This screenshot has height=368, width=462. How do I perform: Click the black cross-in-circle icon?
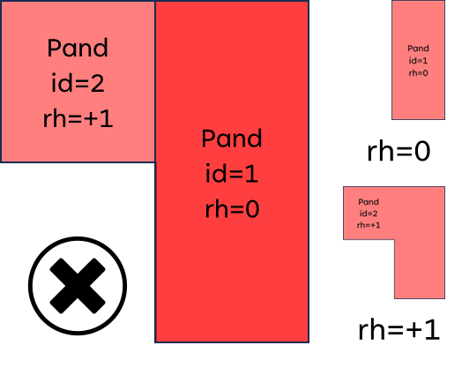(x=78, y=286)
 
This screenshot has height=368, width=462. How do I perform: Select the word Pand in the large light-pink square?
(x=78, y=48)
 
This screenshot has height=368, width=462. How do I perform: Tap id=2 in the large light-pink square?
(x=78, y=83)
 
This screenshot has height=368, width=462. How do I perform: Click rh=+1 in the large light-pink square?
(x=78, y=118)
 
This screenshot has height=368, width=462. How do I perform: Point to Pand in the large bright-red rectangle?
(x=232, y=138)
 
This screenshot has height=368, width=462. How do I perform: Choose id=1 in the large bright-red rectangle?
(x=232, y=173)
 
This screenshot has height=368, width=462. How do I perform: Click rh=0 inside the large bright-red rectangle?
(x=232, y=209)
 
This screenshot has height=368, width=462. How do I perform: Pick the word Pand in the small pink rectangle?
(x=418, y=49)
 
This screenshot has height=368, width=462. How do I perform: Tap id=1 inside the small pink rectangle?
(x=418, y=61)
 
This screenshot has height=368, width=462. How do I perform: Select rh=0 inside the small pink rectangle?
(x=418, y=73)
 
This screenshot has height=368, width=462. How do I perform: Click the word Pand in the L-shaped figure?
(x=369, y=202)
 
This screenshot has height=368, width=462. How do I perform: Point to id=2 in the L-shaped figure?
(x=369, y=214)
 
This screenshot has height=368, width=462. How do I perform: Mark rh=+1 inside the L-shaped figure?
(x=369, y=225)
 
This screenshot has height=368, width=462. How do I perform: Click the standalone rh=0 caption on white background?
(x=399, y=151)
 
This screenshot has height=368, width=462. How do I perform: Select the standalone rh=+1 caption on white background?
(x=399, y=330)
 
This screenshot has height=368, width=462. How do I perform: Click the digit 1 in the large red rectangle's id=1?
(x=253, y=174)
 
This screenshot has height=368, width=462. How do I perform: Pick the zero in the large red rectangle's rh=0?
(x=252, y=209)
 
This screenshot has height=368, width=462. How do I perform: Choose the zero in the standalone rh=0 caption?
(x=422, y=152)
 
